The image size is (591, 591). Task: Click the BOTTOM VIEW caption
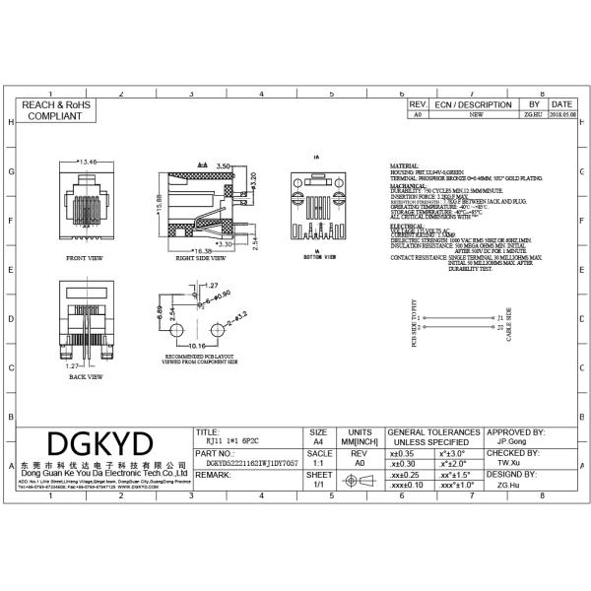point(317,257)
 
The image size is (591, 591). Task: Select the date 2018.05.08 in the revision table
point(560,114)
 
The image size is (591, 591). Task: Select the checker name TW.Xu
point(508,461)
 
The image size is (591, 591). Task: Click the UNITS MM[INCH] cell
point(360,438)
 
